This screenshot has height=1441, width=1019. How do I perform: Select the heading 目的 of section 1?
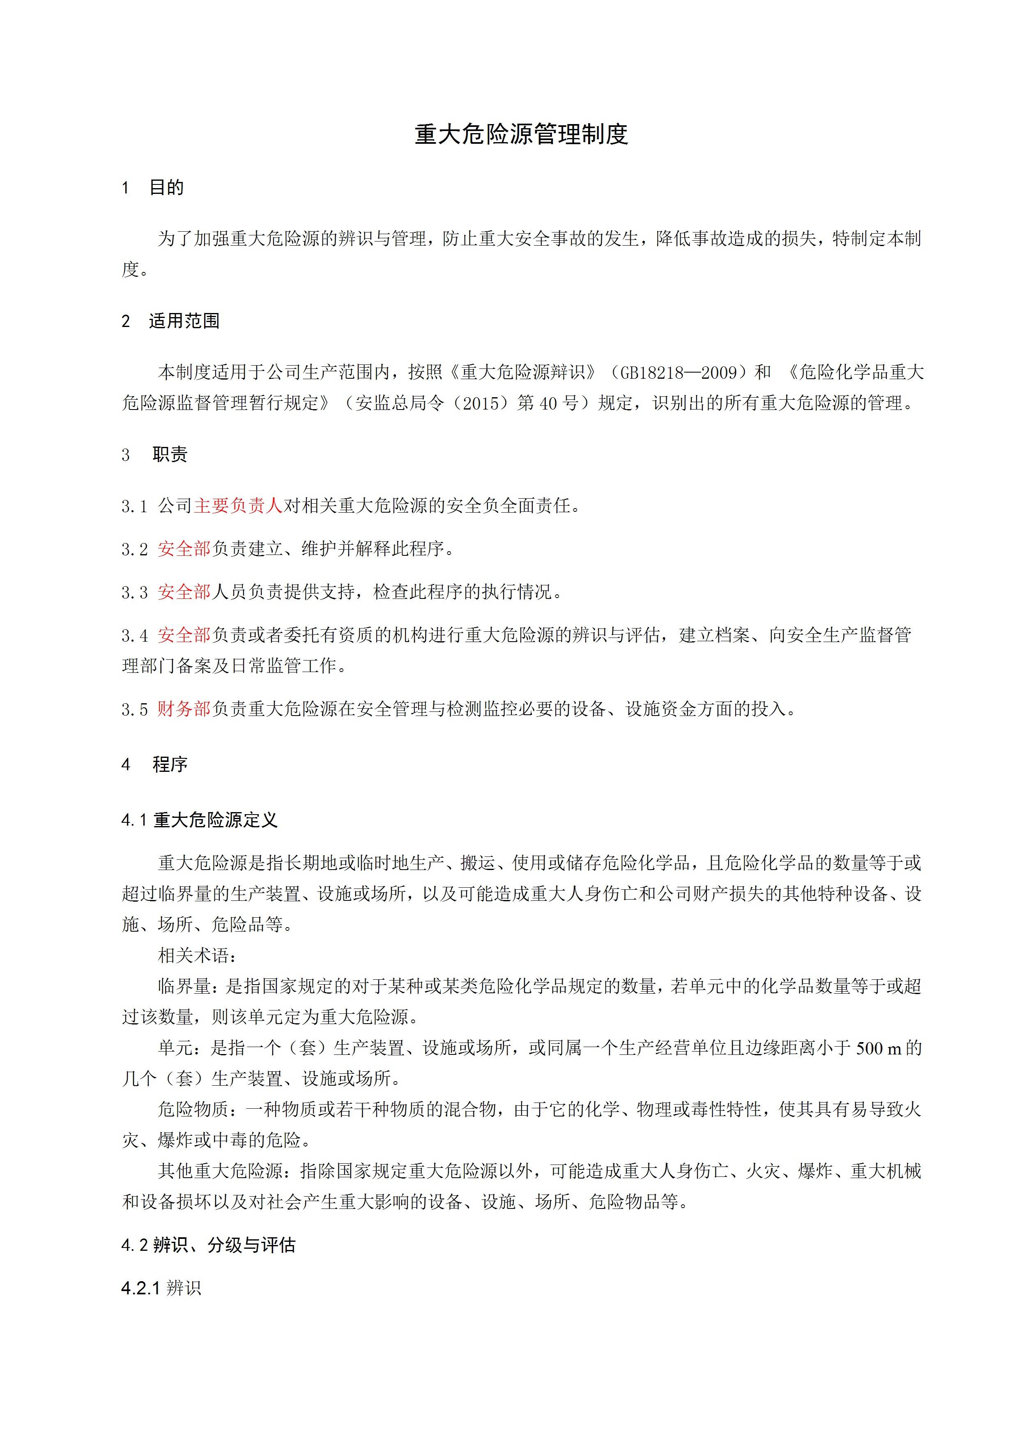166,188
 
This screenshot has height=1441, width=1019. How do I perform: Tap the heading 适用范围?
184,321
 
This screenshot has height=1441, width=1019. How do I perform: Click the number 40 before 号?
548,403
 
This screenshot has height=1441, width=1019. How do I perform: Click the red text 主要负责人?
239,506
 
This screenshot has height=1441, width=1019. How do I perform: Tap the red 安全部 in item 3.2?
184,549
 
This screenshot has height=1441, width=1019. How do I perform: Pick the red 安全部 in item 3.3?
184,592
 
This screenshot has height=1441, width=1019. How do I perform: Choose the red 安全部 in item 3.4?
184,635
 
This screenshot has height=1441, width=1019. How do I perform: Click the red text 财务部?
184,709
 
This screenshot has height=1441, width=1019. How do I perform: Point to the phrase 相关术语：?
198,955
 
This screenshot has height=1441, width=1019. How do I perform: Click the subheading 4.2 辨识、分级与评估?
208,1245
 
